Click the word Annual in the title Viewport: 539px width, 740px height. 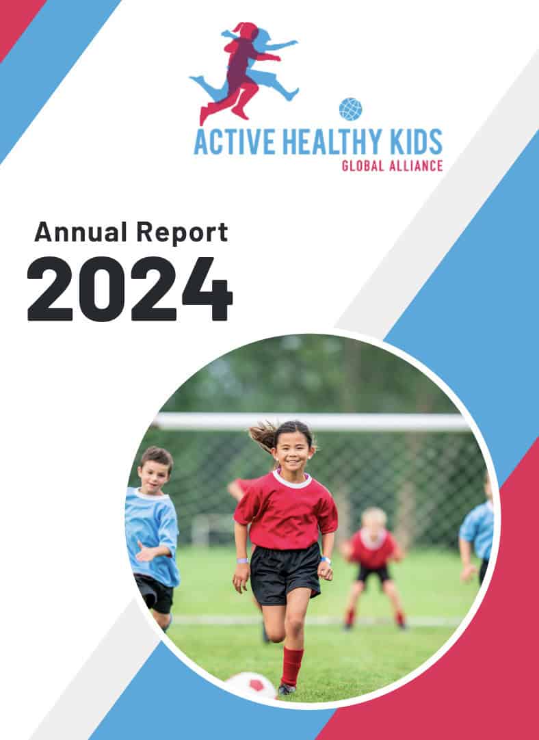(x=81, y=233)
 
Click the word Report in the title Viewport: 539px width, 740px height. (x=182, y=233)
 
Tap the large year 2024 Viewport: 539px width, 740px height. (x=130, y=289)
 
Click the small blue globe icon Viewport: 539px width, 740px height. (x=350, y=109)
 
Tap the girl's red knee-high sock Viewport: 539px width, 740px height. (x=291, y=666)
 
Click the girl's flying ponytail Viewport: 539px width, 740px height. (x=264, y=436)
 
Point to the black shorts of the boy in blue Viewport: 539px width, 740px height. (x=155, y=593)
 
